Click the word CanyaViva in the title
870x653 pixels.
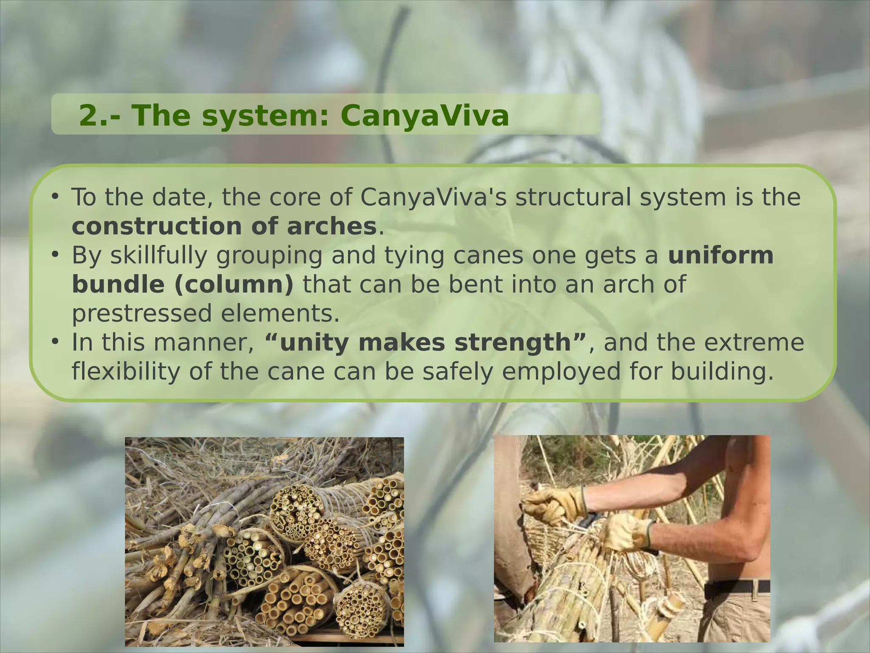pos(424,116)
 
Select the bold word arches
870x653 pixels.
pos(331,226)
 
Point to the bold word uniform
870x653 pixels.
pos(720,255)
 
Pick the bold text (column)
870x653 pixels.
pos(234,284)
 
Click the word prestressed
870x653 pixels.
pos(141,313)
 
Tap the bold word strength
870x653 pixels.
pos(513,343)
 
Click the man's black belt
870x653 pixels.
pos(737,587)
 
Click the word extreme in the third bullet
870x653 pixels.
pos(754,343)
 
